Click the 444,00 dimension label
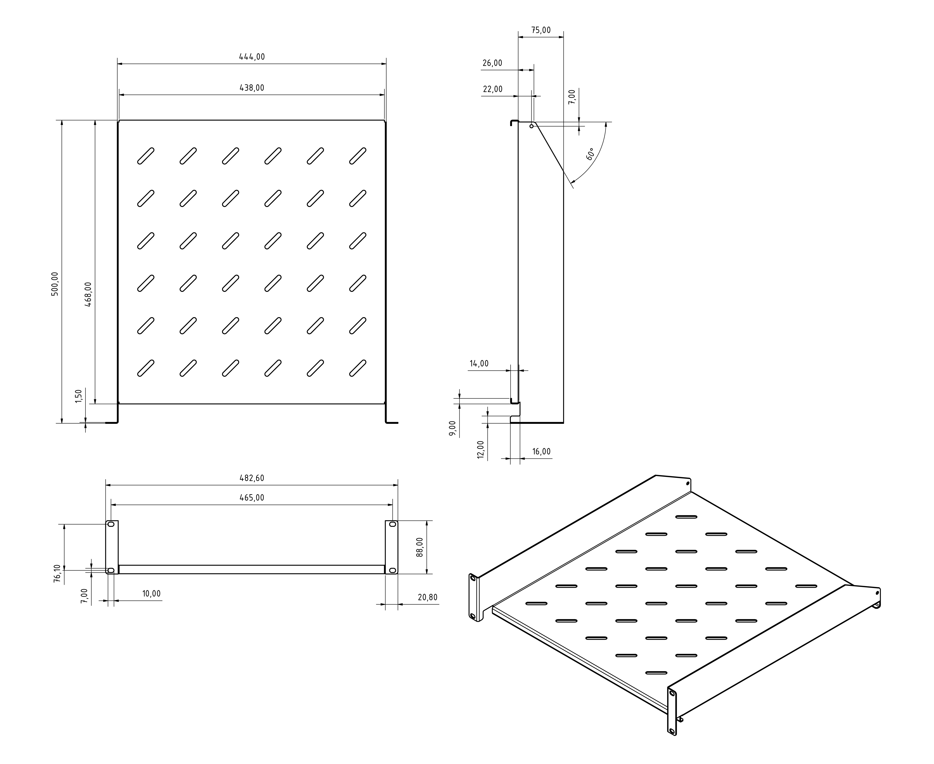[x=252, y=57]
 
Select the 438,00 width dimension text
[x=252, y=88]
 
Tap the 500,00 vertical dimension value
[x=55, y=284]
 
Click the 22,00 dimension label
[x=492, y=89]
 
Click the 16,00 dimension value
[x=541, y=451]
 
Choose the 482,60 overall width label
[x=252, y=478]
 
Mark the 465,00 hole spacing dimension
[x=252, y=498]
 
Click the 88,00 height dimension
[x=420, y=547]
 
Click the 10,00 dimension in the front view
[x=151, y=594]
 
